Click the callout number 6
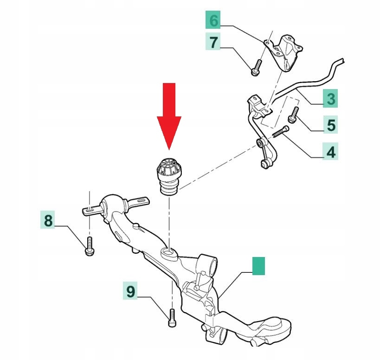213,20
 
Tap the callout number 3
330,98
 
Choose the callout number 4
331,151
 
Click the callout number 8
48,220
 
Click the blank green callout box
258,266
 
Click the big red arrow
169,114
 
